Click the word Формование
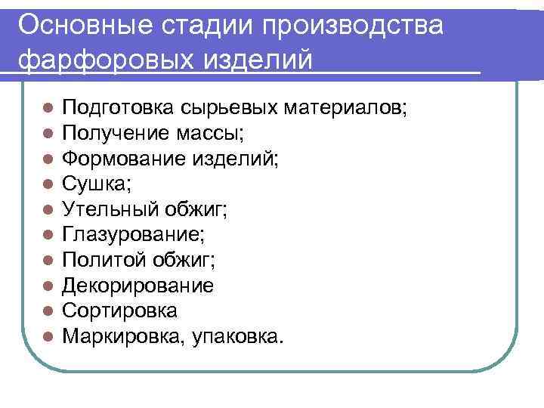click(x=119, y=159)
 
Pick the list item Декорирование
click(x=138, y=286)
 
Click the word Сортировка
click(x=119, y=311)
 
